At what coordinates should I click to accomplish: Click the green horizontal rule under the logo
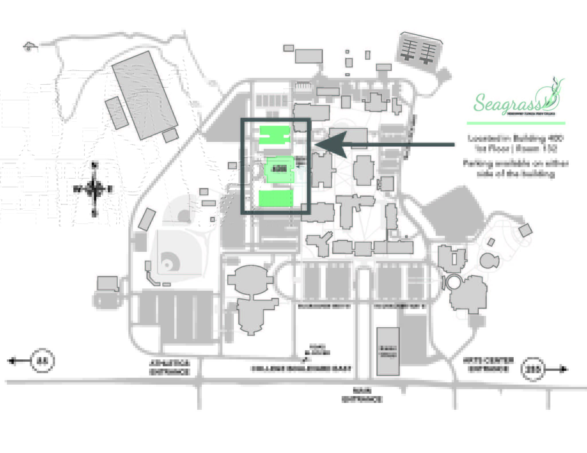coord(516,123)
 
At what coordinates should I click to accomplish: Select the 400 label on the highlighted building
coord(279,169)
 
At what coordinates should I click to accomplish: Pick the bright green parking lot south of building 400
coord(276,198)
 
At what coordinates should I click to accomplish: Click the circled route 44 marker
coord(42,361)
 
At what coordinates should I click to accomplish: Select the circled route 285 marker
coord(532,370)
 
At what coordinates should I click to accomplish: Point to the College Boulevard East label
coord(301,369)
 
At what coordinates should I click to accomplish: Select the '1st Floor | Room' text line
coord(515,149)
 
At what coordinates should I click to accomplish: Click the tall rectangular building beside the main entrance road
coord(388,351)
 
